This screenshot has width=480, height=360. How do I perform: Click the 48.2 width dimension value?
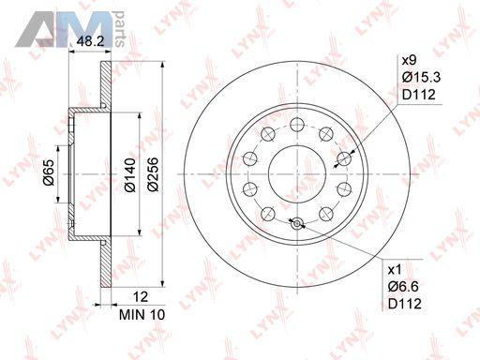[x=90, y=41]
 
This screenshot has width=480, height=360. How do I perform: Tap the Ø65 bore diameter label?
[x=49, y=172]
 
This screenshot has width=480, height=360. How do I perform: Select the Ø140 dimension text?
[x=130, y=174]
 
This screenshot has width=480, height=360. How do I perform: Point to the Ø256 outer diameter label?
[x=153, y=174]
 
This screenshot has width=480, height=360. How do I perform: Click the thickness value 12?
[x=141, y=296]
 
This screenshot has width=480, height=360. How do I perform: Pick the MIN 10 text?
[x=142, y=315]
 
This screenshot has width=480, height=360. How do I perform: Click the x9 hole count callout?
[x=409, y=60]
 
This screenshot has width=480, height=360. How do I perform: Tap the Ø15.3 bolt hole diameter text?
[x=421, y=77]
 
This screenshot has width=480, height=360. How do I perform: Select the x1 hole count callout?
[x=395, y=270]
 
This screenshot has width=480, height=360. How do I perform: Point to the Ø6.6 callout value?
[x=403, y=287]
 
